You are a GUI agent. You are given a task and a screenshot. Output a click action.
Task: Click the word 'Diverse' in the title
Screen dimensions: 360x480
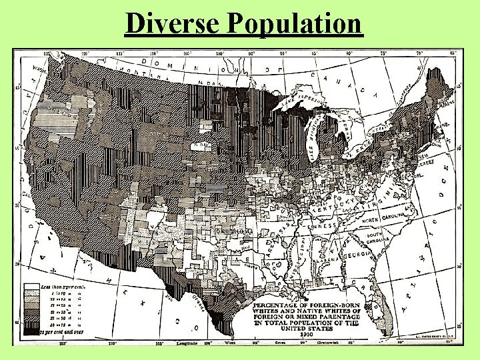point(173,24)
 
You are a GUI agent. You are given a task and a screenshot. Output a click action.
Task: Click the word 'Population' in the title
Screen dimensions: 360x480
point(294,24)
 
